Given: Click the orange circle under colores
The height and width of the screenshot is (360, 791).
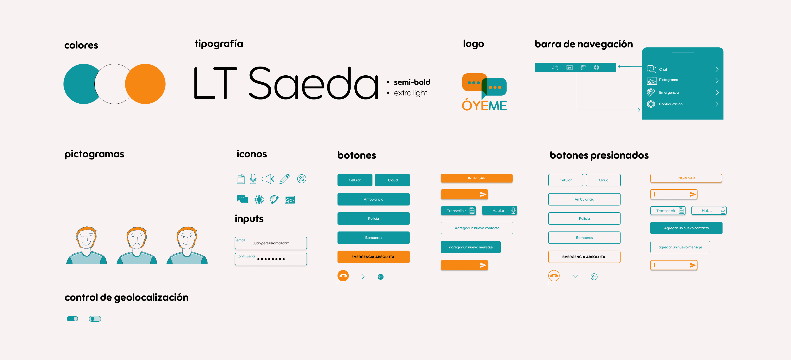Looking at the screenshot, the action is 145,84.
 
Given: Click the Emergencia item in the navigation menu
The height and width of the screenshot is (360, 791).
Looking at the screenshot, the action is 669,92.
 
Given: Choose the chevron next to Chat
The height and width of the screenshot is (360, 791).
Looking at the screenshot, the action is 717,69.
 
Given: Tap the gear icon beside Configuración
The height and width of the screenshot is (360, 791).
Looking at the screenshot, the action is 651,104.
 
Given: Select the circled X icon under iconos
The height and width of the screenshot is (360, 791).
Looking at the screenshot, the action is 302,179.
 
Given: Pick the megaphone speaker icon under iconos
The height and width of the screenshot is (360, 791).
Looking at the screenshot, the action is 268,179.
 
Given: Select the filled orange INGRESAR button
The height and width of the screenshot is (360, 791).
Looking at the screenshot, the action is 477,178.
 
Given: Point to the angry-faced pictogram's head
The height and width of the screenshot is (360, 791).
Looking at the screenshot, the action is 186,238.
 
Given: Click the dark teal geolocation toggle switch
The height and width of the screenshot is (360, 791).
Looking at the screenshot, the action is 72,319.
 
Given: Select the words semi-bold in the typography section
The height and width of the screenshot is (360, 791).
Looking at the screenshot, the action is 412,82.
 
